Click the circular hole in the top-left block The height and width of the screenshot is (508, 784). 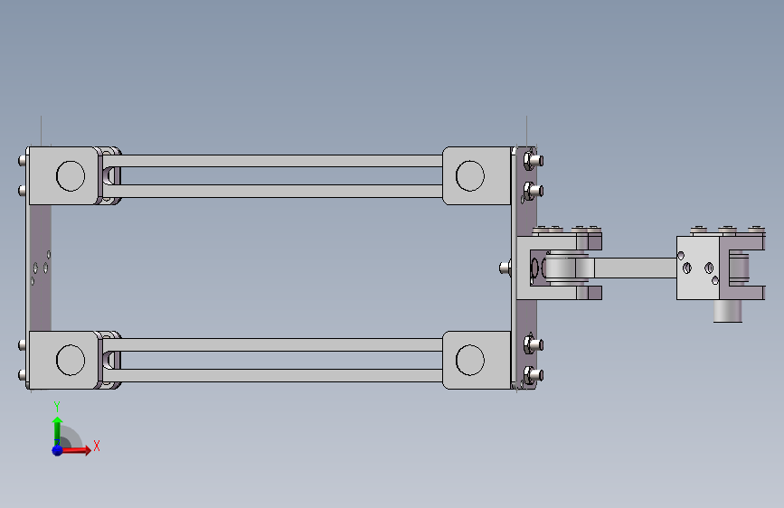[71, 176]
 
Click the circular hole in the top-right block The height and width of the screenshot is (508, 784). [470, 176]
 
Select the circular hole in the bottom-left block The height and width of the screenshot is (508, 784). [71, 360]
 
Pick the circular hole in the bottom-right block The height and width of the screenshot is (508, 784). [470, 360]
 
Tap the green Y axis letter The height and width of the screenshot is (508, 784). [57, 406]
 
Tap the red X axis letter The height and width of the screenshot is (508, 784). [97, 446]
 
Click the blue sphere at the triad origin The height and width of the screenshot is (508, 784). [58, 450]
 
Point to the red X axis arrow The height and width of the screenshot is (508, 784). [75, 450]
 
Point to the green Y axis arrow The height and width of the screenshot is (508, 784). [58, 431]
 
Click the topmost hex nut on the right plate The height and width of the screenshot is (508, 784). [530, 161]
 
